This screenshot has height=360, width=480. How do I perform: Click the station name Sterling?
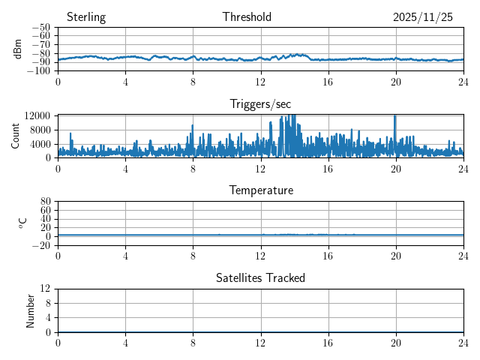coord(86,17)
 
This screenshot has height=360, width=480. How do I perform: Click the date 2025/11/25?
coord(423,17)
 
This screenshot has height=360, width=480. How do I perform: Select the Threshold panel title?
coord(247,17)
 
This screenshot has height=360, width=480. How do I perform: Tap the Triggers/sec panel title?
coord(260,104)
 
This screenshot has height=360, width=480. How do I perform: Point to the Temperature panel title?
coord(261,190)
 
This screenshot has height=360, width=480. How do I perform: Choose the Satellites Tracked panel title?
coord(260,277)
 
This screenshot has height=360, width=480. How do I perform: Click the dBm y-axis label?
coord(18,49)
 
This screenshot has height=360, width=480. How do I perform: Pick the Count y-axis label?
coord(16,136)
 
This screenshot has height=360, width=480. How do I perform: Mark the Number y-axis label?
coord(31,310)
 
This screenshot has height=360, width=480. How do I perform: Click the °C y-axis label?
coord(22,223)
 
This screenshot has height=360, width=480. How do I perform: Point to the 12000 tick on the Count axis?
coord(37,115)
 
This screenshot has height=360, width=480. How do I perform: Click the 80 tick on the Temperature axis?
coord(46,202)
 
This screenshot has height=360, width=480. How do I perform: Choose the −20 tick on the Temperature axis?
coord(43,245)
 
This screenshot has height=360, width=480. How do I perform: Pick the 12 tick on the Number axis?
coord(46,289)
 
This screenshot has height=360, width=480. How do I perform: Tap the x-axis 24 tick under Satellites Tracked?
coord(463,342)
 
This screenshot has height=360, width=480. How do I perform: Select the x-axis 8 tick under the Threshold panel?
coord(193,81)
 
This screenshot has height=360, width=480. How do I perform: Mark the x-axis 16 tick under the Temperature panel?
coord(328,255)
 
